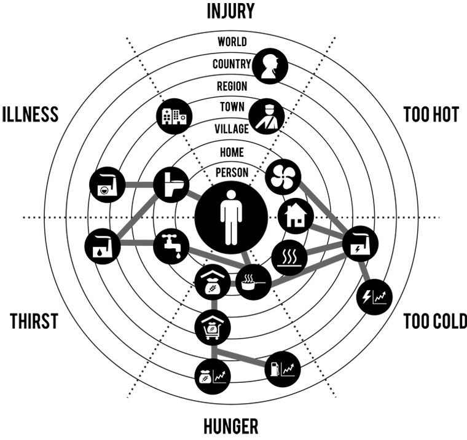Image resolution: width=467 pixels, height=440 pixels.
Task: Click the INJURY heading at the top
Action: click(x=231, y=11)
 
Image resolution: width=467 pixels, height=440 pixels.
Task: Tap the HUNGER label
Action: click(x=231, y=426)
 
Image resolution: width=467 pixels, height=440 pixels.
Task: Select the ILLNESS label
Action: click(x=30, y=114)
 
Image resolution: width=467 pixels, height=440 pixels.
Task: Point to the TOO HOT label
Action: click(x=431, y=114)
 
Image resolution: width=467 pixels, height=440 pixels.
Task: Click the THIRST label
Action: click(x=34, y=321)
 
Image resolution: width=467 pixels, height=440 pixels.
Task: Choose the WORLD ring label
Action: click(x=232, y=42)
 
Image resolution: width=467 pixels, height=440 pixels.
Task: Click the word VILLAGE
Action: click(x=232, y=129)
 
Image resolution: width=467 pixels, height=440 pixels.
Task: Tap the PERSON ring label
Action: click(x=232, y=173)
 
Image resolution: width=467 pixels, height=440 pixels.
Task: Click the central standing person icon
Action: click(x=231, y=218)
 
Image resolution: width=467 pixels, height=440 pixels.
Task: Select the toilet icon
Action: click(x=171, y=185)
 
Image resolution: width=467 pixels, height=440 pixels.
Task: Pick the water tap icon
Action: click(x=171, y=246)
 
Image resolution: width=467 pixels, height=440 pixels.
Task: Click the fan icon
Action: click(x=283, y=176)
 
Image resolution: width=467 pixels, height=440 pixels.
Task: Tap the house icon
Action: click(x=296, y=216)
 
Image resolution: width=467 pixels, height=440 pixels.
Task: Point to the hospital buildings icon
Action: click(x=175, y=116)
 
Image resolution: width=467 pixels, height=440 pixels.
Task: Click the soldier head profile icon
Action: click(x=270, y=66)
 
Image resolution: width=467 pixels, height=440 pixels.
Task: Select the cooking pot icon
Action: click(x=253, y=282)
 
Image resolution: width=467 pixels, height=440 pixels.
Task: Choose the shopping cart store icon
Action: click(x=213, y=328)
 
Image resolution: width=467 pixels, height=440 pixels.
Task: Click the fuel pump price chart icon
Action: click(x=283, y=369)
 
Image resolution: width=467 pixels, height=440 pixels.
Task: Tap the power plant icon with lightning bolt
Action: click(x=360, y=244)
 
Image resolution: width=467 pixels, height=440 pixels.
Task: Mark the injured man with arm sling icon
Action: click(x=267, y=117)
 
